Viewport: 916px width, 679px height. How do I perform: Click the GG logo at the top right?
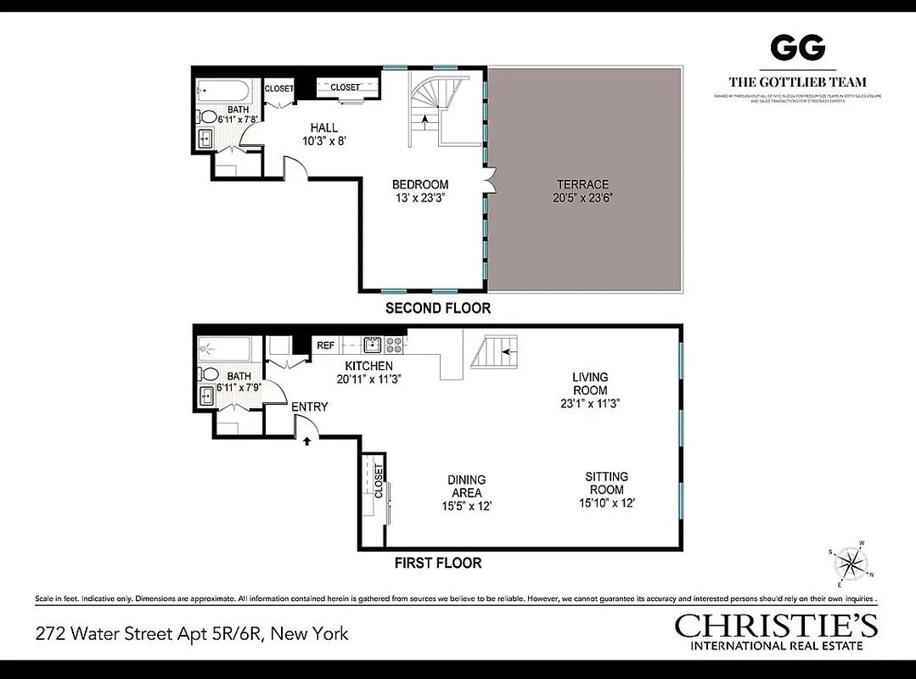pyautogui.click(x=797, y=48)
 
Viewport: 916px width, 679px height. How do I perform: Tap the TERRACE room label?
pyautogui.click(x=582, y=184)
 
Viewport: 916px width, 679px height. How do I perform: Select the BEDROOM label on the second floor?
pyautogui.click(x=419, y=184)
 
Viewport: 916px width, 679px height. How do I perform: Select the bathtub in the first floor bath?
pyautogui.click(x=224, y=347)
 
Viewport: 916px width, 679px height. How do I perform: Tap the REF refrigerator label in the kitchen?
pyautogui.click(x=325, y=345)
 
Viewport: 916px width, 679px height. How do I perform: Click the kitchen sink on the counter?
pyautogui.click(x=371, y=345)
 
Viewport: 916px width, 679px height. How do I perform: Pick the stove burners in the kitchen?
pyautogui.click(x=395, y=345)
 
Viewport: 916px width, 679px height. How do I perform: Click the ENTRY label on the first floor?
pyautogui.click(x=309, y=407)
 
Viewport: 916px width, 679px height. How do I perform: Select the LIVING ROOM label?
pyautogui.click(x=590, y=384)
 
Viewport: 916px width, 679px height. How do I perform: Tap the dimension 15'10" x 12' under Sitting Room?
pyautogui.click(x=606, y=502)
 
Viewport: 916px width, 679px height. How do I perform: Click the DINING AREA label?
pyautogui.click(x=466, y=486)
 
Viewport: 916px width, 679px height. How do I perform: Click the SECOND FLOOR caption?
pyautogui.click(x=437, y=308)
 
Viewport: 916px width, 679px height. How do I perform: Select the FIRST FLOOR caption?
pyautogui.click(x=437, y=563)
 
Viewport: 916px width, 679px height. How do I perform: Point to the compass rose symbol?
pyautogui.click(x=850, y=564)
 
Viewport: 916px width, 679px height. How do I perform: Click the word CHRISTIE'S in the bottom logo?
pyautogui.click(x=776, y=626)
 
